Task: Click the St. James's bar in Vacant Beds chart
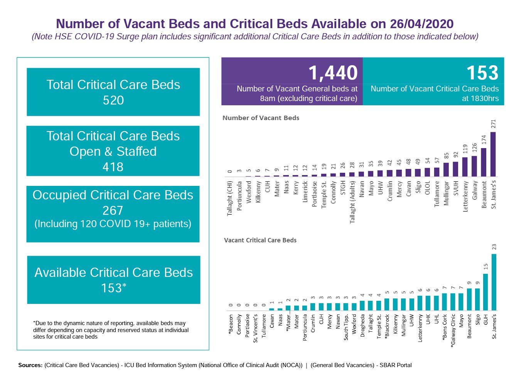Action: pyautogui.click(x=493, y=154)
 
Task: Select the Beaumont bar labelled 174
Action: pyautogui.click(x=484, y=162)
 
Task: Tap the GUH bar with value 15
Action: pyautogui.click(x=486, y=292)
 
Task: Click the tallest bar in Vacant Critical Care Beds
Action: pyautogui.click(x=494, y=282)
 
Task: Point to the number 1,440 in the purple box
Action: pyautogui.click(x=333, y=73)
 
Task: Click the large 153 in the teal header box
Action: pyautogui.click(x=482, y=73)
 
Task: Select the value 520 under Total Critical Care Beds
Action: pyautogui.click(x=113, y=100)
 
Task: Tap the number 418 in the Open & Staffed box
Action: pyautogui.click(x=113, y=167)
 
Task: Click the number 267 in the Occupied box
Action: pyautogui.click(x=113, y=211)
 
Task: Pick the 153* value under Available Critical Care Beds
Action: pyautogui.click(x=114, y=288)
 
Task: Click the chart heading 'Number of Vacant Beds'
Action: pyautogui.click(x=261, y=118)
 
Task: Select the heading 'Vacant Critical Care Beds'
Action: pyautogui.click(x=260, y=240)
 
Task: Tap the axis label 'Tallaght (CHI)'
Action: pyautogui.click(x=230, y=198)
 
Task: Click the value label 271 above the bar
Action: pyautogui.click(x=493, y=124)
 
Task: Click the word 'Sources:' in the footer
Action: pyautogui.click(x=30, y=365)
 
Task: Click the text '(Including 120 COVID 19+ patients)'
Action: pyautogui.click(x=113, y=224)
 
